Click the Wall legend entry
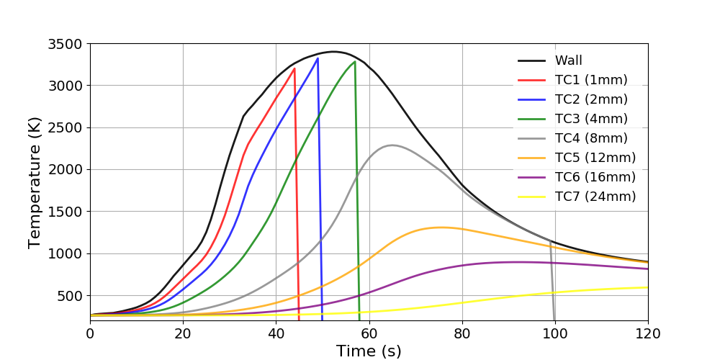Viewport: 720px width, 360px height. coord(568,60)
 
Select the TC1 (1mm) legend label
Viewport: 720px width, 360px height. coord(590,80)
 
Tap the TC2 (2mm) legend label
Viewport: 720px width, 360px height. coord(590,99)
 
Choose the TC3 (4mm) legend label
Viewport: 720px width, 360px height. coord(590,119)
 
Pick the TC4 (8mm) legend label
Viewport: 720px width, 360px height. coord(590,138)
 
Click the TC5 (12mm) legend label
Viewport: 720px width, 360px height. coord(595,158)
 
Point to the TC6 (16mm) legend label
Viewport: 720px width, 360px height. coord(595,177)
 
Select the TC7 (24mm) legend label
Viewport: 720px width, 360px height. coord(595,197)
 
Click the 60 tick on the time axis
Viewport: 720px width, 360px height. coord(369,334)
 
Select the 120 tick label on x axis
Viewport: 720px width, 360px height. coord(648,334)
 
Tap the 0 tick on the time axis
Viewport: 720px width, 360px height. coord(90,334)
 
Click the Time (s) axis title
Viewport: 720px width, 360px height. coord(369,351)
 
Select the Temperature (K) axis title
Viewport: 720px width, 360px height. coord(35,182)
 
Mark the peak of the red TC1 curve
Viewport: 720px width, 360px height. coord(294,68)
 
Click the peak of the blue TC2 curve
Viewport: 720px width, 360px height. coord(318,58)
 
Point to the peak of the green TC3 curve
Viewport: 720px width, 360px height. coord(354,61)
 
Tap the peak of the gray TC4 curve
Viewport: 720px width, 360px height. coord(392,145)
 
